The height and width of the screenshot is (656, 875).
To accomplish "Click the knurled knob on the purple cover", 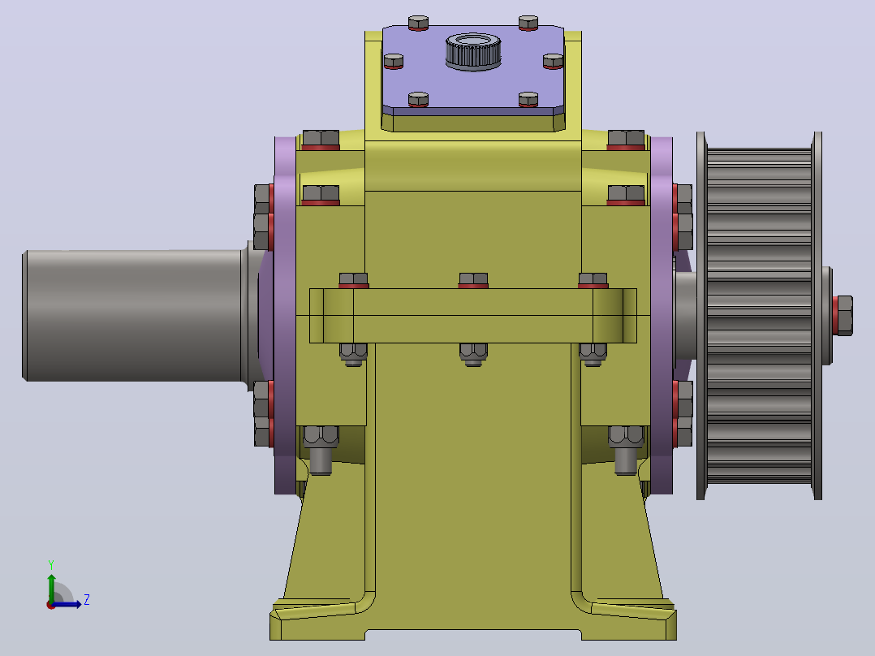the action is [x=473, y=51].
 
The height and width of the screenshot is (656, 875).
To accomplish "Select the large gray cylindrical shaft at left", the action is [x=134, y=316].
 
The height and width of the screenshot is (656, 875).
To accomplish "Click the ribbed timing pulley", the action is [x=759, y=316].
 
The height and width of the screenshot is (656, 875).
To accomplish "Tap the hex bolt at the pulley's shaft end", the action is [x=843, y=316].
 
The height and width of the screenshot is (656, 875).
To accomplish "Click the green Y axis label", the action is [x=51, y=564].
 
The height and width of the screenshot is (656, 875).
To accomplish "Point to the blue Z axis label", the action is [x=87, y=600].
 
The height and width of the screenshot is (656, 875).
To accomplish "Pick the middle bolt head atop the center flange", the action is [x=473, y=280].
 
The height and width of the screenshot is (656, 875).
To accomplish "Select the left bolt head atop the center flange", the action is [x=353, y=280].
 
